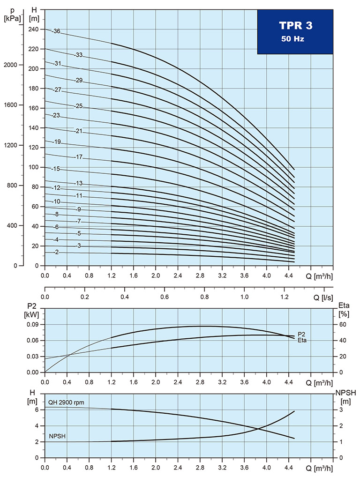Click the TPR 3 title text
[295, 26]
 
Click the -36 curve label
[56, 31]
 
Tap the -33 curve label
[78, 55]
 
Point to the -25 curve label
[78, 106]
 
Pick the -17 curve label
[78, 157]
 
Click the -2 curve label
[56, 253]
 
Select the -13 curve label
[78, 183]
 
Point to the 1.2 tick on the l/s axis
[285, 297]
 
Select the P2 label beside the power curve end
[302, 334]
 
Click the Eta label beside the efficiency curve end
[302, 340]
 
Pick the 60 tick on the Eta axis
[342, 324]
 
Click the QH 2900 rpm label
[66, 402]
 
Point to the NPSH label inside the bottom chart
[57, 436]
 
